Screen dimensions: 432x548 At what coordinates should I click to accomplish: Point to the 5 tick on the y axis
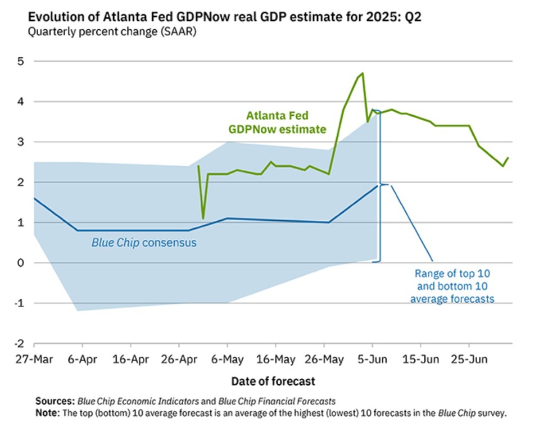(x=21, y=61)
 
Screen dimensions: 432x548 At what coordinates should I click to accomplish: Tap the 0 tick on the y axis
(x=21, y=263)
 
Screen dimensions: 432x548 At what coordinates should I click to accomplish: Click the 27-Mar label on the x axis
(x=34, y=360)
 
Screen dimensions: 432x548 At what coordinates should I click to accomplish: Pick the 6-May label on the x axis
(x=227, y=360)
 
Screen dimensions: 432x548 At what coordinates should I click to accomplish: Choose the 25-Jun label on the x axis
(x=470, y=360)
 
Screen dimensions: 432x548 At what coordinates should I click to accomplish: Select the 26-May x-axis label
(x=324, y=360)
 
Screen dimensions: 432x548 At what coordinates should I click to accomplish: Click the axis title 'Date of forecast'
(x=273, y=381)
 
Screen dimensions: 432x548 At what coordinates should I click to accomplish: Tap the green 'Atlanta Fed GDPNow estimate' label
(x=277, y=122)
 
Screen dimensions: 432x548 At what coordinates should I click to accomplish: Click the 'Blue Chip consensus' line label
(x=144, y=243)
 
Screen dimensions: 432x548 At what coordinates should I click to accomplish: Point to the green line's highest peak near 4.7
(x=363, y=73)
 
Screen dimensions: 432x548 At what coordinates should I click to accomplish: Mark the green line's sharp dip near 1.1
(x=203, y=218)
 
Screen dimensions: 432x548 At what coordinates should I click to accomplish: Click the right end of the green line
(x=508, y=158)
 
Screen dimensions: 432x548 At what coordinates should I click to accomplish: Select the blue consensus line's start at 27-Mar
(x=34, y=198)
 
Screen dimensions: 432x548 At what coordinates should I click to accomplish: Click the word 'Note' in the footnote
(x=47, y=413)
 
